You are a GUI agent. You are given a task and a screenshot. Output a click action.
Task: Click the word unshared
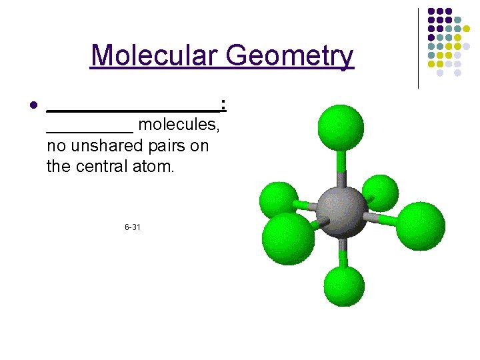pos(105,145)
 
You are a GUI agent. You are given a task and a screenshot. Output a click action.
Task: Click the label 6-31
pos(132,228)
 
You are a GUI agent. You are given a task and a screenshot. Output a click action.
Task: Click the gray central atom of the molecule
pos(341,211)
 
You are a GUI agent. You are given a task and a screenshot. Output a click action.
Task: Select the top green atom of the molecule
pos(341,128)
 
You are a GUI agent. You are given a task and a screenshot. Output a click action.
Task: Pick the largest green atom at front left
pos(288,239)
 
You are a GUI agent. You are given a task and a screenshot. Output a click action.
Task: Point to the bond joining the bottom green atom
pos(343,253)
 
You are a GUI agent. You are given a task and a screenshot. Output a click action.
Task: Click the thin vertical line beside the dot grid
pos(418,48)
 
